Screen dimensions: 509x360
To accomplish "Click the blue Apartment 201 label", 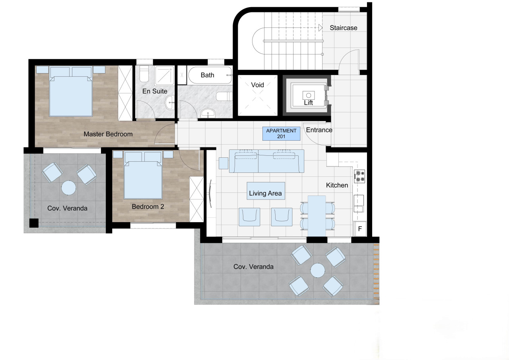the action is pyautogui.click(x=281, y=134).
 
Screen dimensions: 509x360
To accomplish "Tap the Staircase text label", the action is pyautogui.click(x=343, y=28).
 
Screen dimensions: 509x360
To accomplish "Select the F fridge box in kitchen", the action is pyautogui.click(x=360, y=228).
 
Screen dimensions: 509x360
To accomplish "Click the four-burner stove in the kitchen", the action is pyautogui.click(x=359, y=176).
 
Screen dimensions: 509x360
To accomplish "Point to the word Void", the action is pyautogui.click(x=257, y=85).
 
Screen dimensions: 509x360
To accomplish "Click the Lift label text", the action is pyautogui.click(x=308, y=103).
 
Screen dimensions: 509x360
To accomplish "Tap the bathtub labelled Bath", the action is pyautogui.click(x=210, y=75).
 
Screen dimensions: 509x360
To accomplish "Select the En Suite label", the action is pyautogui.click(x=155, y=91).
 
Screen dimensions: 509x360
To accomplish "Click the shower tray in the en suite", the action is pyautogui.click(x=164, y=75).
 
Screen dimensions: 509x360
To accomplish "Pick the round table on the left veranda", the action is pyautogui.click(x=69, y=188).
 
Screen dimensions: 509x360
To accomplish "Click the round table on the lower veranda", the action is pyautogui.click(x=318, y=270).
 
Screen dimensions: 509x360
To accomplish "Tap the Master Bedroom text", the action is pyautogui.click(x=108, y=134).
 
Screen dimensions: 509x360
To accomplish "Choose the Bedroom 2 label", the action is pyautogui.click(x=148, y=207).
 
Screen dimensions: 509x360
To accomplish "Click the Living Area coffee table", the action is pyautogui.click(x=266, y=191).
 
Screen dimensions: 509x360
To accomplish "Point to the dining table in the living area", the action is pyautogui.click(x=317, y=216).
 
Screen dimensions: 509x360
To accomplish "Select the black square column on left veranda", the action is pyautogui.click(x=34, y=223).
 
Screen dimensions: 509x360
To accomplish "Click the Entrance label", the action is pyautogui.click(x=319, y=130).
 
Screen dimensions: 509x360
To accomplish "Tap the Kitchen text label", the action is pyautogui.click(x=337, y=185).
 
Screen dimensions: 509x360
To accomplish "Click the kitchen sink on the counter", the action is pyautogui.click(x=359, y=203).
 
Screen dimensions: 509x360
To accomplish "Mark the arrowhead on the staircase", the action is pyautogui.click(x=321, y=28).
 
